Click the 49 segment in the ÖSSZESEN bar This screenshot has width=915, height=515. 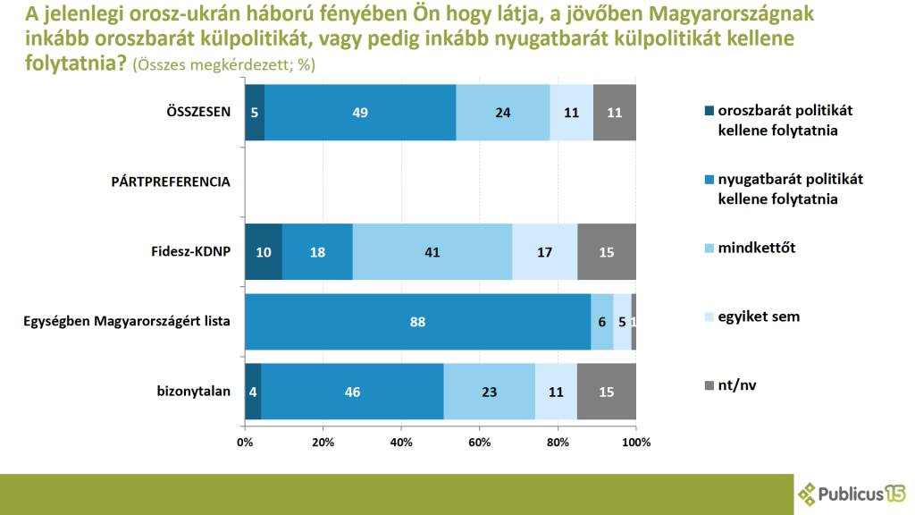click(x=360, y=113)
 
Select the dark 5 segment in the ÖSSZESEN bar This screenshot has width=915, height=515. click(x=255, y=113)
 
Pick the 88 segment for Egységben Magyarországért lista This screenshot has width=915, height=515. click(x=418, y=321)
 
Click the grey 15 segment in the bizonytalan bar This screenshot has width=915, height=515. click(x=607, y=391)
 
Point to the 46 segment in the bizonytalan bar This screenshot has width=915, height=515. click(x=352, y=391)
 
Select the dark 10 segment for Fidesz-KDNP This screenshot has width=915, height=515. click(x=264, y=252)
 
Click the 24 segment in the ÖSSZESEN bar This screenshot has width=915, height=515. click(x=503, y=113)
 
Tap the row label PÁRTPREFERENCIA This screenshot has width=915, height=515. click(x=171, y=182)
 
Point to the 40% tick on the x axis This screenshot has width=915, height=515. click(x=401, y=442)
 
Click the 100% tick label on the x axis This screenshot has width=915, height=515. click(x=635, y=442)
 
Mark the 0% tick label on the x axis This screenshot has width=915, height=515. click(x=245, y=442)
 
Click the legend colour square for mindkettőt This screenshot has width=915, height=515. click(x=709, y=248)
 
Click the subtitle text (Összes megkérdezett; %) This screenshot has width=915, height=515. click(x=223, y=66)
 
